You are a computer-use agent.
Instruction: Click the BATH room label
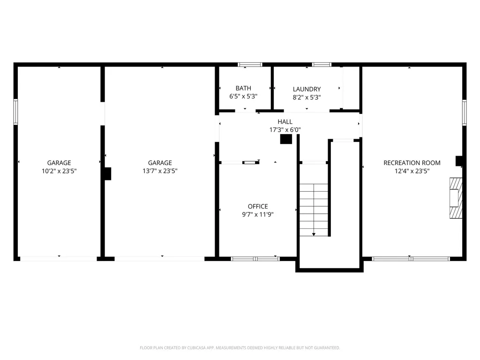click(243, 88)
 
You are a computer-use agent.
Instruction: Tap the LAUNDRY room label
click(307, 89)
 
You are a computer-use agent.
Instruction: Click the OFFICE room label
click(258, 206)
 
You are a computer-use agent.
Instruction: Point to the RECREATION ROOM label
click(412, 163)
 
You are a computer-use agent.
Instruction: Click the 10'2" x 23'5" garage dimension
click(59, 171)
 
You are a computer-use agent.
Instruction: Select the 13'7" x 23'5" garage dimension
click(160, 171)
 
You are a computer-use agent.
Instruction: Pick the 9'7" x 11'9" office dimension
click(258, 214)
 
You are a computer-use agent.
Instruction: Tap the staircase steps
click(314, 206)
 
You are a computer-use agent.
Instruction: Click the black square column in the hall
click(285, 139)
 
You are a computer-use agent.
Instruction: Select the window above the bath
click(249, 65)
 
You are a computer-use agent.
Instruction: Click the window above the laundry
click(321, 65)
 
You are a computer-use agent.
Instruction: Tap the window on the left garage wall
click(15, 112)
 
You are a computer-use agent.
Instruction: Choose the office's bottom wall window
click(255, 258)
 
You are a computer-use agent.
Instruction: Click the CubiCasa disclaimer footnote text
click(240, 348)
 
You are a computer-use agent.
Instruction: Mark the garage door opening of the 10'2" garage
click(59, 258)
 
